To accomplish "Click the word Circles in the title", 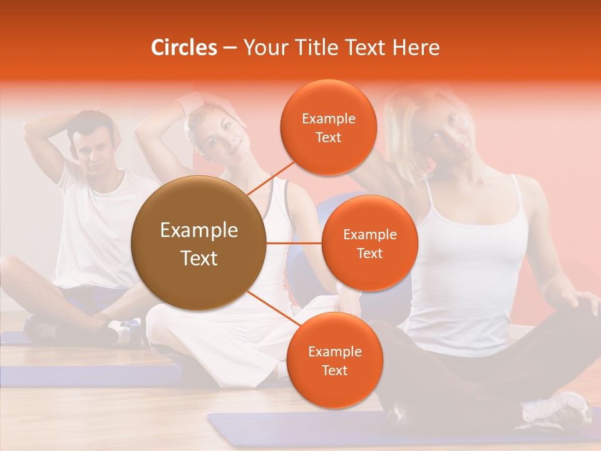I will tap(184, 48).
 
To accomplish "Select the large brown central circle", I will tap(198, 243).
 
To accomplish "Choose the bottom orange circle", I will tap(334, 360).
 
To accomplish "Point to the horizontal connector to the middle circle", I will tap(294, 243).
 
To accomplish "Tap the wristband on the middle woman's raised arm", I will tap(190, 103).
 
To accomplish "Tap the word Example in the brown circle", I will tap(198, 231).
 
